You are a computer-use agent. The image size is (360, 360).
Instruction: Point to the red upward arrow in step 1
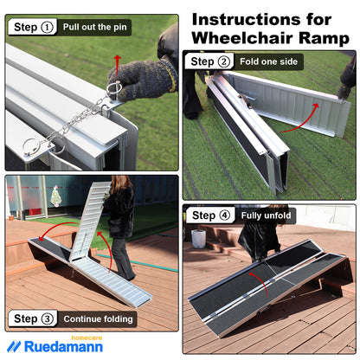[x=117, y=62]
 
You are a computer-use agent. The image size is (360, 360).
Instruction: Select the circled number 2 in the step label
[x=225, y=61]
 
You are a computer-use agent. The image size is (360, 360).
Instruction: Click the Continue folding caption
[x=98, y=319]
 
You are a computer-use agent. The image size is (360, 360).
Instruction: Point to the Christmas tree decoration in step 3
[x=55, y=196]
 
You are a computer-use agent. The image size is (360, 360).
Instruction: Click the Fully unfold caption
[x=267, y=215]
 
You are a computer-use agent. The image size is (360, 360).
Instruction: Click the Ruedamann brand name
[x=61, y=346]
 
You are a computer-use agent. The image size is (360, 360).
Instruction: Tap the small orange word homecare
[x=85, y=335]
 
